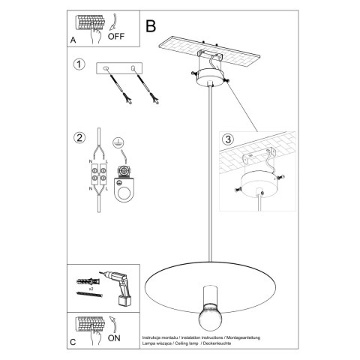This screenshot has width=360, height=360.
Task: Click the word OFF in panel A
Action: click(116, 34)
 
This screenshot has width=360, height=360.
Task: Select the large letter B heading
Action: click(151, 26)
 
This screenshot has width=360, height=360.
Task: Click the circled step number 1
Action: click(79, 65)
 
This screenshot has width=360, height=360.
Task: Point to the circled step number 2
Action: click(79, 137)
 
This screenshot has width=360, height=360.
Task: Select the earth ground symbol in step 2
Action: click(117, 142)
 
